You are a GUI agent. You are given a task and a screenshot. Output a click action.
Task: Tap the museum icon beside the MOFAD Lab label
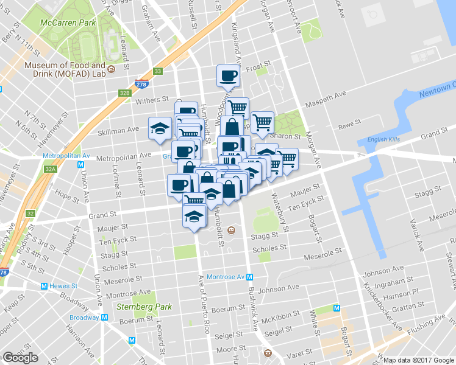[112, 70]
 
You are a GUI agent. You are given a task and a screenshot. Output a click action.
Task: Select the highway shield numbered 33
[158, 71]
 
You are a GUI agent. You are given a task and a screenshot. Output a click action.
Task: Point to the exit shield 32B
[125, 93]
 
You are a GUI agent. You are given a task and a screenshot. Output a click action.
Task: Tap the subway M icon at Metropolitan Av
[81, 164]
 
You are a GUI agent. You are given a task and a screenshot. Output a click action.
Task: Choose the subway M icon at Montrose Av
[250, 276]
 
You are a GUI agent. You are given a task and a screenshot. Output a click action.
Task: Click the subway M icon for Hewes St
[44, 286]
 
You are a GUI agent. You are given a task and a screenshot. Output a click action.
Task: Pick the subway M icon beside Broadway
[105, 317]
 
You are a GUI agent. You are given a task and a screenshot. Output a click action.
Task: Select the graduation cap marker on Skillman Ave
[160, 128]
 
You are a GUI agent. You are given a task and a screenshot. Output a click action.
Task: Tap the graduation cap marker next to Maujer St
[194, 217]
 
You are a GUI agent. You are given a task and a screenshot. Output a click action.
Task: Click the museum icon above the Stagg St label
[231, 230]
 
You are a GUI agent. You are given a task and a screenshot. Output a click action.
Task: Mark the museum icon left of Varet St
[267, 353]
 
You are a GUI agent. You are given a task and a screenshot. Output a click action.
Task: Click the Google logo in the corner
[20, 358]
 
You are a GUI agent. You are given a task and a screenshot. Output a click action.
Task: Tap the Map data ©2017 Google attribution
[419, 360]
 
